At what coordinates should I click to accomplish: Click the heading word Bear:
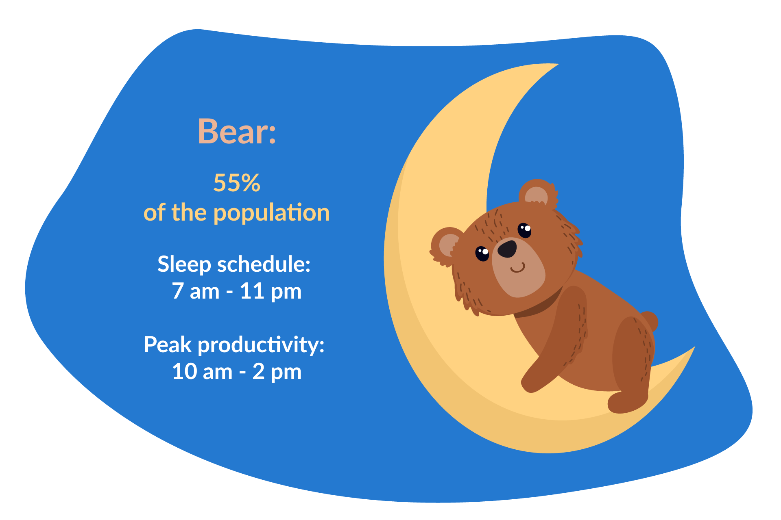(x=237, y=132)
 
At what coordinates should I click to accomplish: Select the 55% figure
(x=237, y=183)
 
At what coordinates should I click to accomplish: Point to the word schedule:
(x=264, y=264)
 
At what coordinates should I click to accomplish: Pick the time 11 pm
(x=271, y=291)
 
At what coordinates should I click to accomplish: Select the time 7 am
(x=196, y=291)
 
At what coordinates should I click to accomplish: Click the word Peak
(x=168, y=345)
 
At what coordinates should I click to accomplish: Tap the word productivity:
(x=261, y=345)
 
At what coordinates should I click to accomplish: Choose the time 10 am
(x=202, y=372)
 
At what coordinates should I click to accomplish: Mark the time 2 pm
(x=277, y=372)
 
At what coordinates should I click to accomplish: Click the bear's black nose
(x=507, y=249)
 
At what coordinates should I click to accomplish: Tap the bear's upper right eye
(x=524, y=230)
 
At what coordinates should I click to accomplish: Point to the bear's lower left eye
(x=482, y=253)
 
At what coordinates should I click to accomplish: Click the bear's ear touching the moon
(x=446, y=245)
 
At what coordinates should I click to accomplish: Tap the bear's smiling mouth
(x=517, y=269)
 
